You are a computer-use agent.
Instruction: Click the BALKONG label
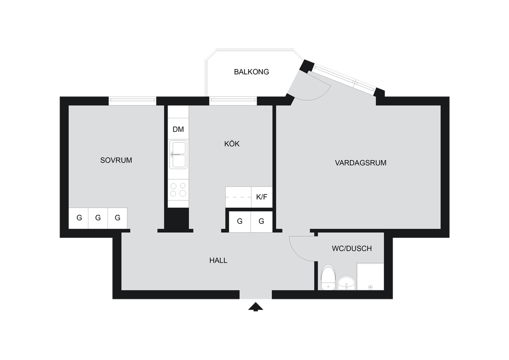point(251,72)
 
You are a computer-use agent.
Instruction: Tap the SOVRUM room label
point(116,160)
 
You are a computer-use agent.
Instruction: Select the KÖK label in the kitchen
point(232,144)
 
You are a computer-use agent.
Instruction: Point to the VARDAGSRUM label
point(361,163)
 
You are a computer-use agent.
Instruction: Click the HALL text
point(218,261)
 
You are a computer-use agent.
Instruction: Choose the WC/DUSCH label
point(351,249)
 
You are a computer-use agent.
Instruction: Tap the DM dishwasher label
point(178,129)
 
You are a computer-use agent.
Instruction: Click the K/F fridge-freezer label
point(261,197)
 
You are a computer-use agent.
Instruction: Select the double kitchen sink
point(178,155)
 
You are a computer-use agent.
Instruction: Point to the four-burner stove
point(178,190)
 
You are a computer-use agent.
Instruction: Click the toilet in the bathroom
point(328,277)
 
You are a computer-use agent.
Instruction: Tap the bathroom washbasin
point(346,283)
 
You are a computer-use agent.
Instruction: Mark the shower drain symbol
point(370,287)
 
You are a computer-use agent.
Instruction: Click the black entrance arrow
point(256,307)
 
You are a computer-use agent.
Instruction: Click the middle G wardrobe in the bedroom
point(98,218)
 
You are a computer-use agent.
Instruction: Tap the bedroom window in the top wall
point(132,101)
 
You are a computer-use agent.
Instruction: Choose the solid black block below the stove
point(176,219)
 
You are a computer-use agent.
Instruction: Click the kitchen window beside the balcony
point(233,101)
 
